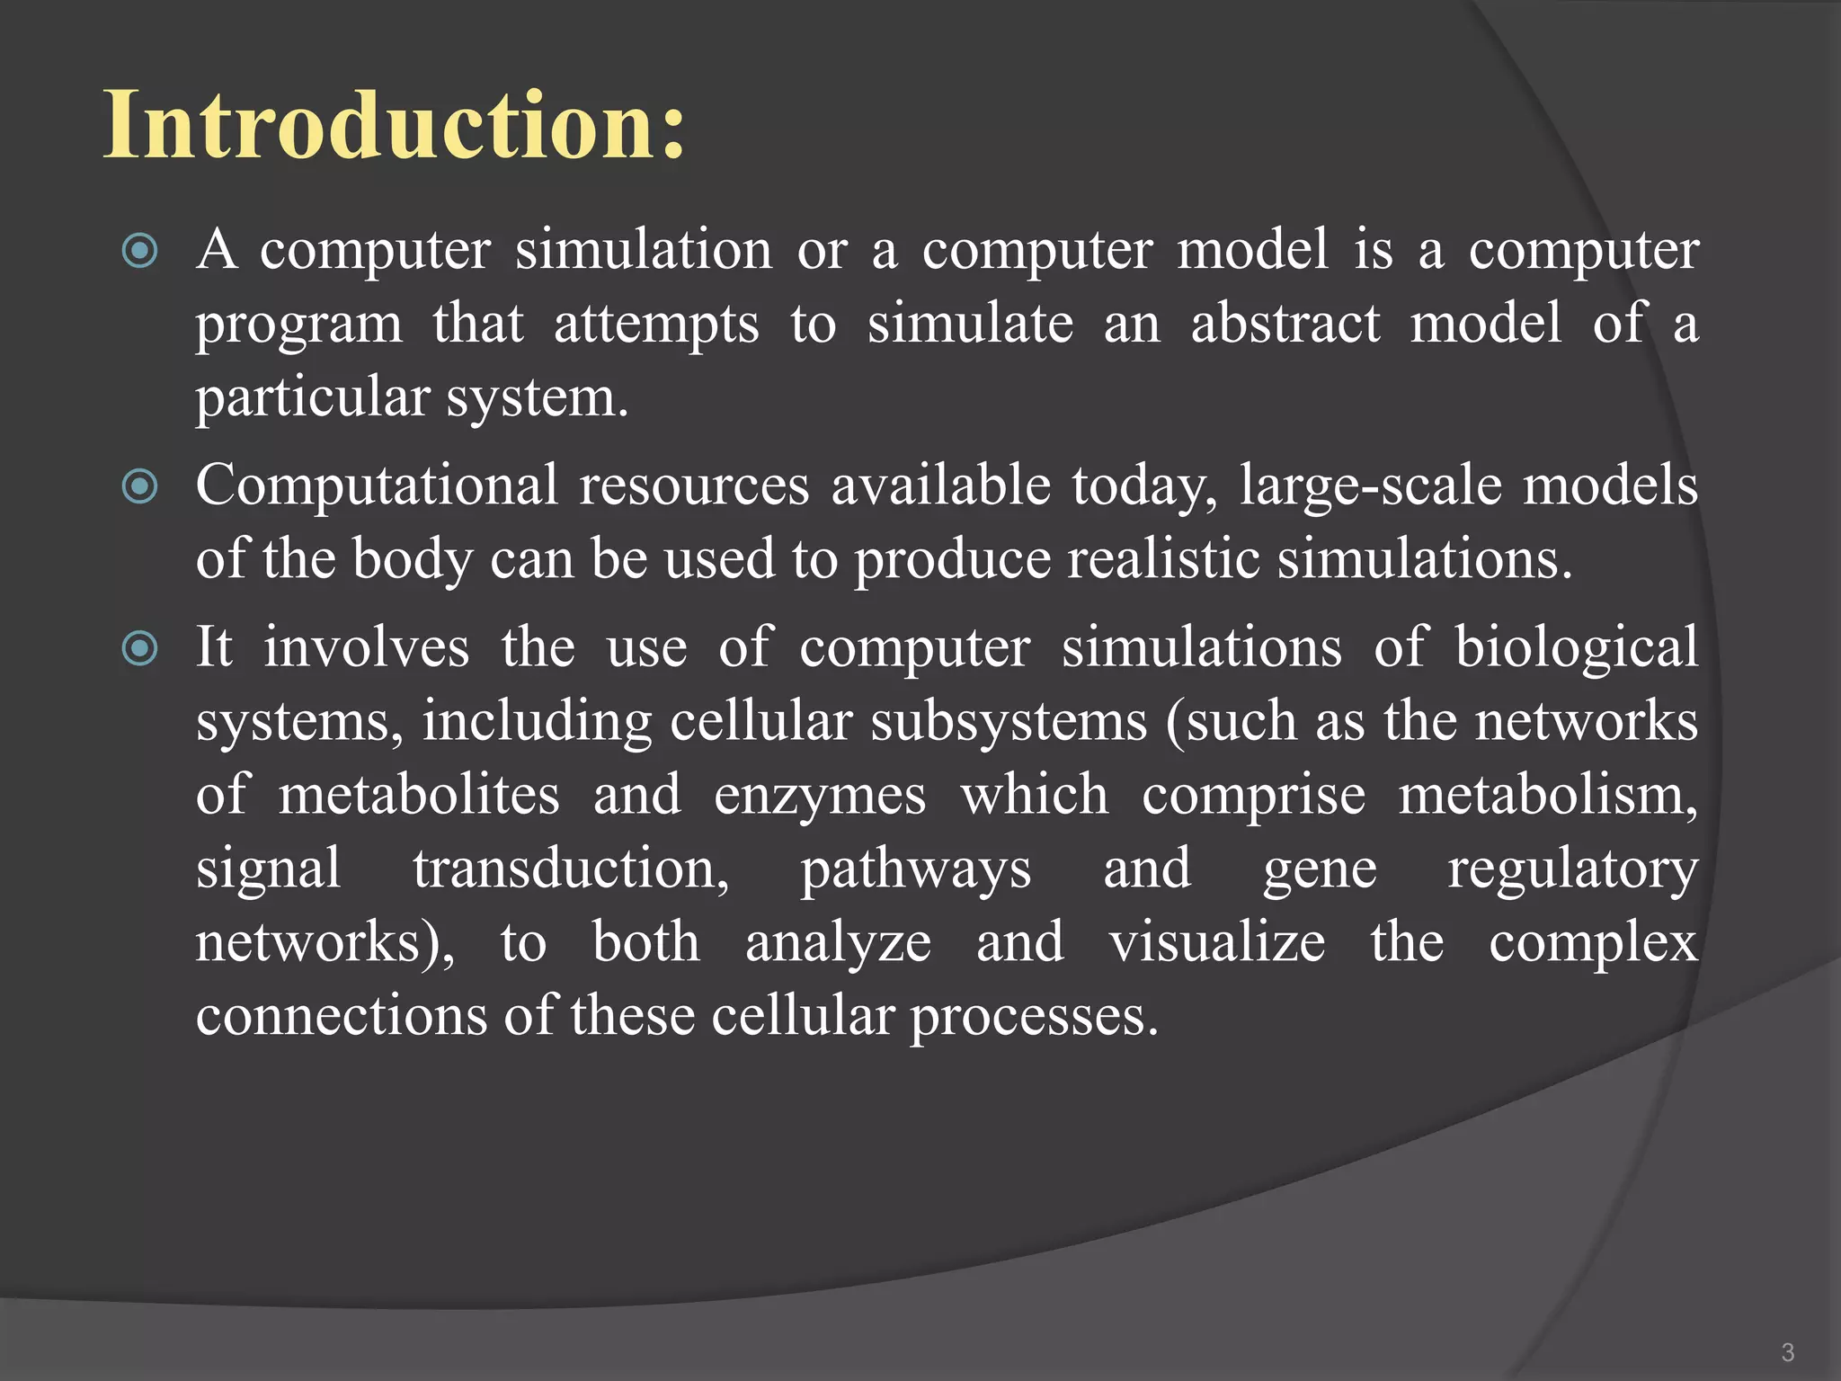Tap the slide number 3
point(1787,1352)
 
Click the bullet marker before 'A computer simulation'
point(140,252)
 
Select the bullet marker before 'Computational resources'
point(140,487)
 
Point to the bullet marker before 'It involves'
point(140,648)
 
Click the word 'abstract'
point(1285,324)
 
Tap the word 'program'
point(299,325)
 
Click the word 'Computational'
point(377,487)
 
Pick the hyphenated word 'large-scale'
point(1371,487)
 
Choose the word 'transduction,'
point(571,870)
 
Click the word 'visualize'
point(1216,943)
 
